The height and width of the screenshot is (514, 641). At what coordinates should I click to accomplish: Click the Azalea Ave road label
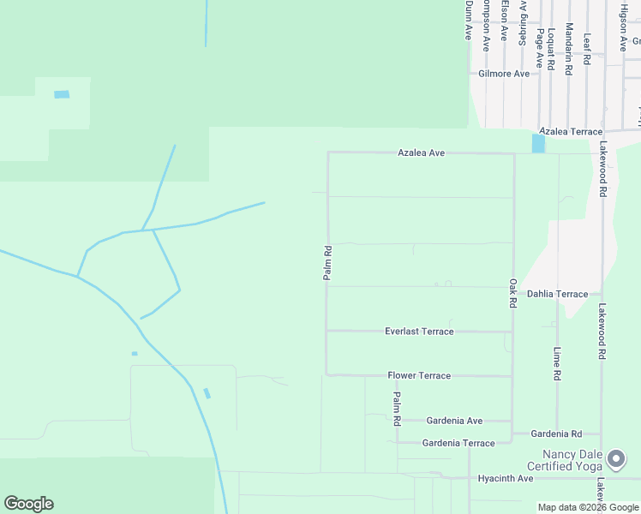tap(421, 152)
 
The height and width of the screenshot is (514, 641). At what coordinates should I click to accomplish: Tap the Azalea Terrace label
tap(571, 132)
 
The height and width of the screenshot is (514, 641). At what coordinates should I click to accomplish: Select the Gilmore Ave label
tap(504, 74)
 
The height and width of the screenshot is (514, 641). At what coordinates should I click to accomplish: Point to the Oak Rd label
tap(512, 293)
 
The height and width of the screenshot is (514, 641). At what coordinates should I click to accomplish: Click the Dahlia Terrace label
tap(557, 294)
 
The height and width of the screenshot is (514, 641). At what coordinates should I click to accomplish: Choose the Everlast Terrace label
tap(419, 332)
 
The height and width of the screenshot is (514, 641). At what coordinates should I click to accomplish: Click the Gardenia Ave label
tap(456, 421)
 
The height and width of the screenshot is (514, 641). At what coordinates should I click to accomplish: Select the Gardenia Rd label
tap(556, 434)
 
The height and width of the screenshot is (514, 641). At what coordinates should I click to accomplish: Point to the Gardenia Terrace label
tap(458, 443)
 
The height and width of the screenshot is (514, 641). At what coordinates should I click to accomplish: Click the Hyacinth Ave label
tap(506, 478)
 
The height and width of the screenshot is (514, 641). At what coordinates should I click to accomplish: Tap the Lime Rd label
tap(557, 363)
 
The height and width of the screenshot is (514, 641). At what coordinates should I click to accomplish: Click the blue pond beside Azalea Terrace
tap(538, 143)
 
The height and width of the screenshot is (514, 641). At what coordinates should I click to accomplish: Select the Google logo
tap(28, 504)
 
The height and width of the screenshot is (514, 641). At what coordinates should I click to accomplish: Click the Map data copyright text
tap(589, 507)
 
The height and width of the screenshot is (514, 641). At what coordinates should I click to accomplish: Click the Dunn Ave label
tap(469, 19)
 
